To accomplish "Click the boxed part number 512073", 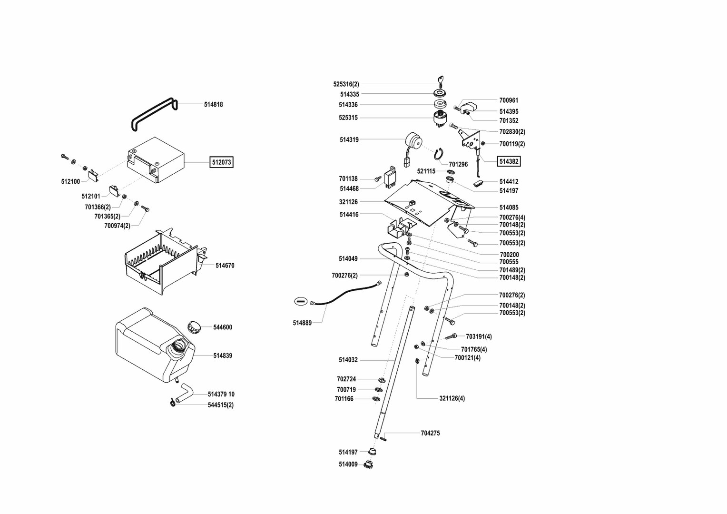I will (x=221, y=162).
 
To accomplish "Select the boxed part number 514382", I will (x=509, y=161).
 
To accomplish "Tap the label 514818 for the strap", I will (x=213, y=104).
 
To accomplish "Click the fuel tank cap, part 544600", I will (x=194, y=327).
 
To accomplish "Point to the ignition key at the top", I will (x=440, y=82).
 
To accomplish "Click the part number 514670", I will (x=225, y=266).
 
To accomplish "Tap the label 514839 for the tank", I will (x=223, y=356).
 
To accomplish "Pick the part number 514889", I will (x=302, y=323).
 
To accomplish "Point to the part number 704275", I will (x=430, y=433).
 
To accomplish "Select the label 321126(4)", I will (x=452, y=398).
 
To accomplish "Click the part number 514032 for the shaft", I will (x=348, y=360).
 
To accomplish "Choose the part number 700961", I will (x=509, y=100).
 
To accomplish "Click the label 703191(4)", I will (x=479, y=336).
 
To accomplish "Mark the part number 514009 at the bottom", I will (x=348, y=464).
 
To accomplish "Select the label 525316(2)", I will (x=346, y=84).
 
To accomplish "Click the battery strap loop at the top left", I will (x=154, y=115).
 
